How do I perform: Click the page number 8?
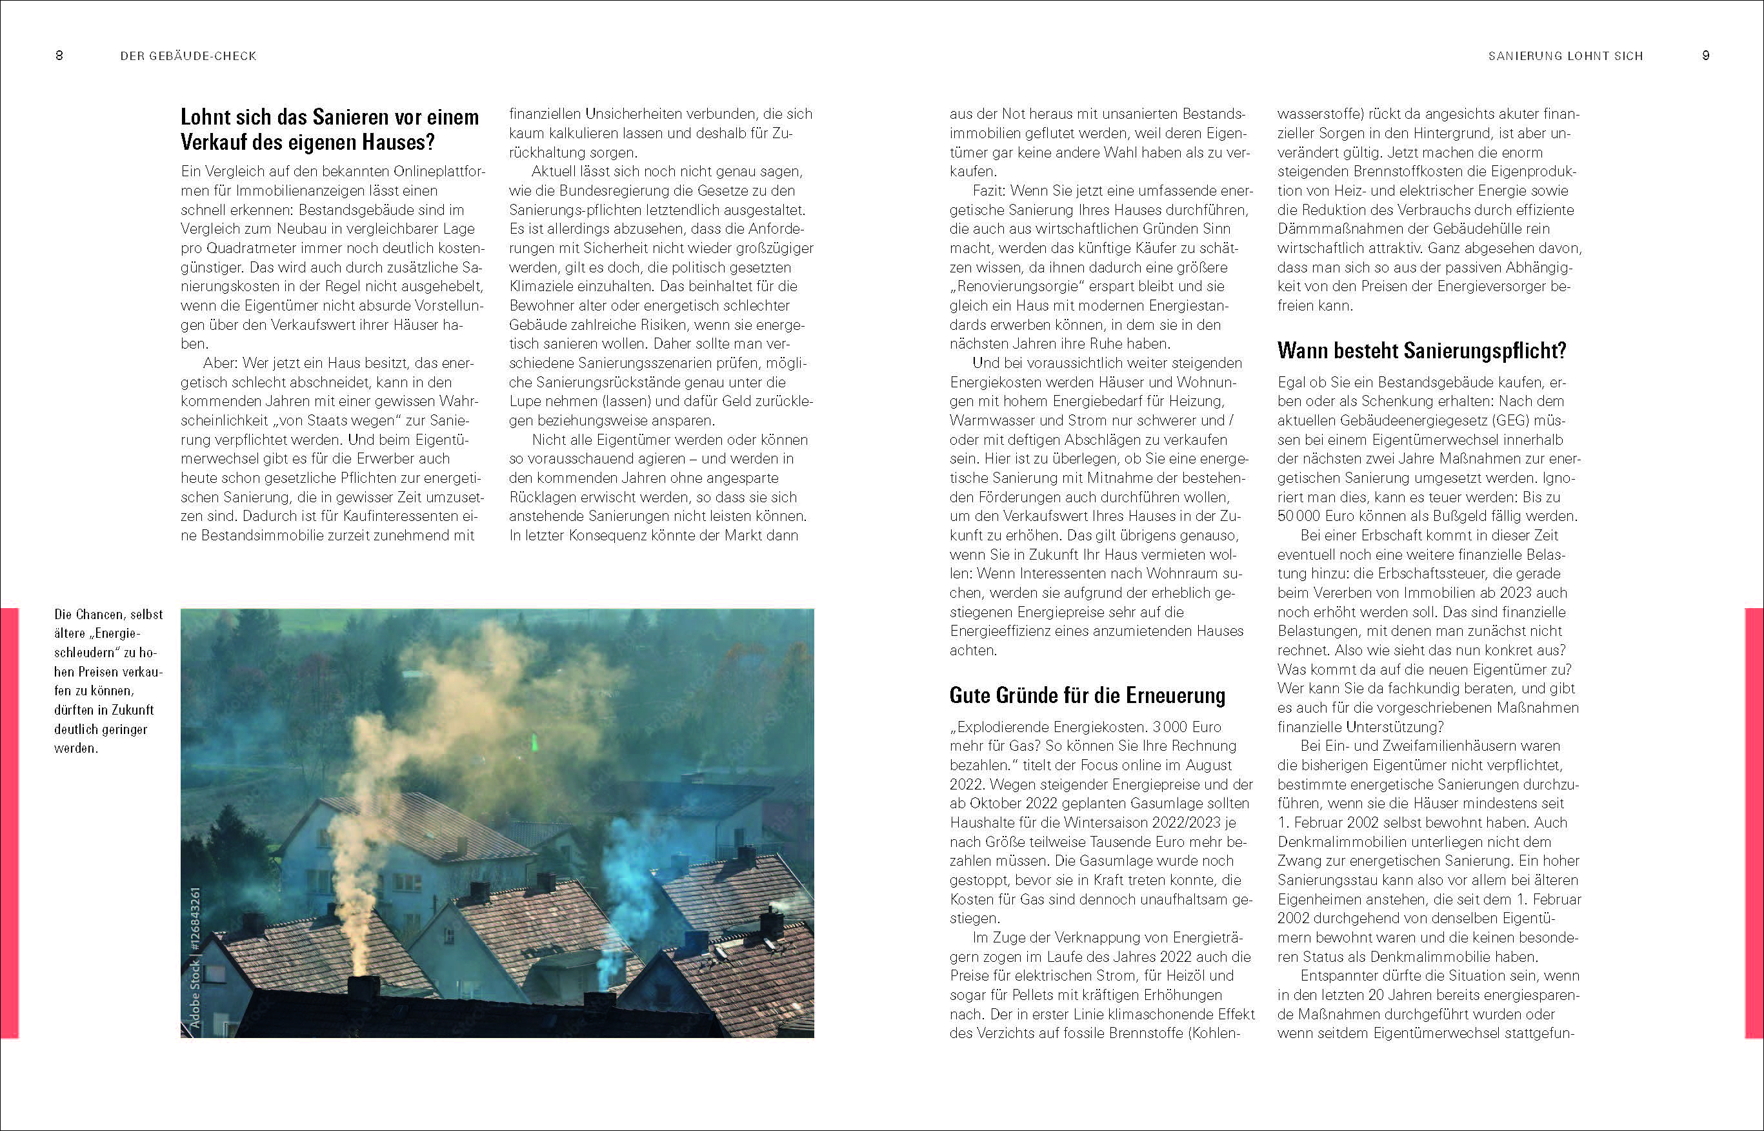click(x=59, y=56)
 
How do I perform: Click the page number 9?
click(x=1705, y=56)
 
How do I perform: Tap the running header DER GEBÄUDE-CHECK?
click(x=188, y=56)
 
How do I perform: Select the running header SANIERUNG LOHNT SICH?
click(x=1565, y=56)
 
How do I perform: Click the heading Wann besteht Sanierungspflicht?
click(x=1421, y=351)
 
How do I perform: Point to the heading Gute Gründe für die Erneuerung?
click(x=1087, y=695)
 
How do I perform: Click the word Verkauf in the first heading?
click(x=219, y=142)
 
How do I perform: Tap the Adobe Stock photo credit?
click(x=195, y=957)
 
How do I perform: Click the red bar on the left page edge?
click(x=9, y=822)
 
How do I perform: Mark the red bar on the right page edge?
click(x=1754, y=822)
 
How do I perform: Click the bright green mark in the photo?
click(x=534, y=743)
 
